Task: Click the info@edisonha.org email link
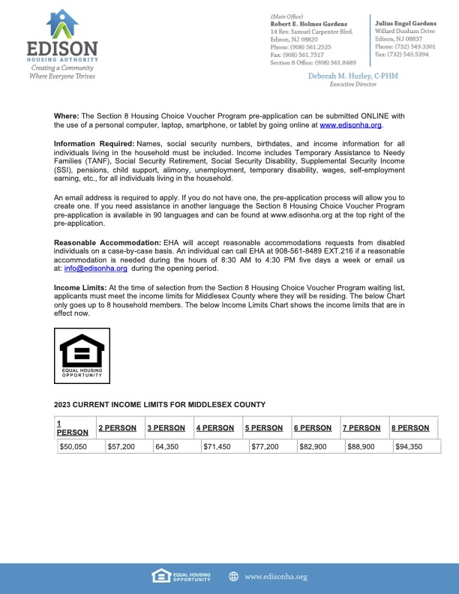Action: pos(85,268)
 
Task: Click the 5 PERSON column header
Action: pos(264,428)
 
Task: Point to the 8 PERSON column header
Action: pos(410,428)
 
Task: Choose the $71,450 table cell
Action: pos(218,446)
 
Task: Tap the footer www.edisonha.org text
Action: pos(275,576)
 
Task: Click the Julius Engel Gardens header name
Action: pos(405,23)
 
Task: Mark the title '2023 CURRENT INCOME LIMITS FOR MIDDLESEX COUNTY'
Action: pos(160,404)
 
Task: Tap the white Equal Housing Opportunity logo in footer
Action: pos(180,576)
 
